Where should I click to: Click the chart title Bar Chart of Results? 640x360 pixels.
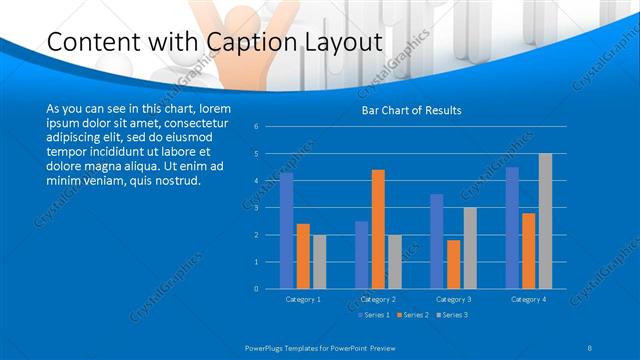pyautogui.click(x=411, y=110)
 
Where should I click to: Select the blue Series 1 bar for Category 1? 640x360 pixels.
pyautogui.click(x=287, y=231)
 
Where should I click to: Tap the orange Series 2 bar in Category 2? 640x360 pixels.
pyautogui.click(x=378, y=229)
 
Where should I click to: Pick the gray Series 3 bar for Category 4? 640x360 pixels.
pyautogui.click(x=545, y=221)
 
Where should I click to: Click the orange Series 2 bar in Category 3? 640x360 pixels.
pyautogui.click(x=454, y=264)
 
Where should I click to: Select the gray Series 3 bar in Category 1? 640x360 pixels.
pyautogui.click(x=319, y=262)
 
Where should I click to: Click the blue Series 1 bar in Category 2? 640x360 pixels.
pyautogui.click(x=362, y=255)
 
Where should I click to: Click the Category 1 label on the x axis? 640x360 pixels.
pyautogui.click(x=303, y=299)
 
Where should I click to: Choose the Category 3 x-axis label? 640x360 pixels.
pyautogui.click(x=453, y=299)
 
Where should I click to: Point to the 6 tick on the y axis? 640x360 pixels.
pyautogui.click(x=257, y=127)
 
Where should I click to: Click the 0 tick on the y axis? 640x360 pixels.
pyautogui.click(x=257, y=289)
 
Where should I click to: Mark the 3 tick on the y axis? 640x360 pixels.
pyautogui.click(x=257, y=208)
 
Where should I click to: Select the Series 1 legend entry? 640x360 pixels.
pyautogui.click(x=376, y=315)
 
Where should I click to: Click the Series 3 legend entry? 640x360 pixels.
pyautogui.click(x=454, y=315)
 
